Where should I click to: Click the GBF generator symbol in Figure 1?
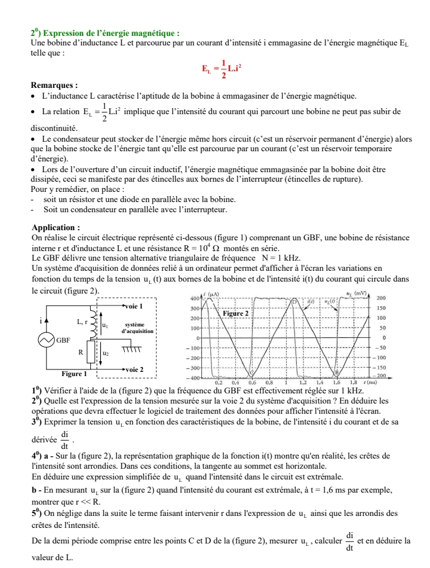pyautogui.click(x=47, y=340)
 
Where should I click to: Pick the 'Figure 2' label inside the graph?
pyautogui.click(x=235, y=313)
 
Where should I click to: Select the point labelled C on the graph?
pyautogui.click(x=251, y=373)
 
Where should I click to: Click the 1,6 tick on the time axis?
pyautogui.click(x=337, y=381)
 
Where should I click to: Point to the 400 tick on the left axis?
pyautogui.click(x=194, y=298)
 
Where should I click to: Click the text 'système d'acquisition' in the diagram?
pyautogui.click(x=137, y=327)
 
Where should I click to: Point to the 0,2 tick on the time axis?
pyautogui.click(x=219, y=381)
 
